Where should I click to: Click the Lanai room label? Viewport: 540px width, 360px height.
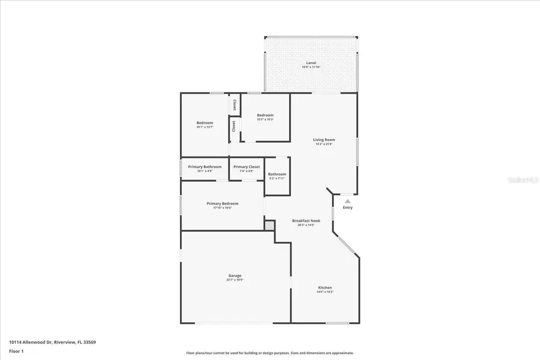tap(311, 62)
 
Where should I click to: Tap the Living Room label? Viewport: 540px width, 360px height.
tap(324, 140)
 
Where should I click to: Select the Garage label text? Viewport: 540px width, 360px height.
tap(235, 275)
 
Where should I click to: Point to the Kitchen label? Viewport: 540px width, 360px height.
tap(325, 287)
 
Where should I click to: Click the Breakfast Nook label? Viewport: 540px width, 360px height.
tap(306, 221)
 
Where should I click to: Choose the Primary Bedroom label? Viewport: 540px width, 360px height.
tap(222, 203)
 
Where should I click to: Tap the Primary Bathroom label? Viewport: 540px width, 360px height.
tap(205, 167)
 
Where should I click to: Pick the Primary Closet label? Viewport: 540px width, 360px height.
tap(247, 167)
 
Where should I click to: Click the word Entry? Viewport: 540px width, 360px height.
tap(347, 208)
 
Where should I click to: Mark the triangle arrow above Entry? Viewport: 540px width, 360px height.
tap(347, 201)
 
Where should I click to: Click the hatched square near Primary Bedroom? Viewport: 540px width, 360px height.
tap(270, 226)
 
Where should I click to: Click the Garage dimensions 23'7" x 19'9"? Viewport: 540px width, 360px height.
tap(235, 280)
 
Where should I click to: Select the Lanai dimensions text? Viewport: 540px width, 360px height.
tap(311, 67)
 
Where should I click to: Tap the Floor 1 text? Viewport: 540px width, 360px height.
tap(16, 350)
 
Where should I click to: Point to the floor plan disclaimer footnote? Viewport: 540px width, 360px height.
tap(270, 353)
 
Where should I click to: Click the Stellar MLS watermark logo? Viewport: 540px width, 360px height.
tap(524, 179)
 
